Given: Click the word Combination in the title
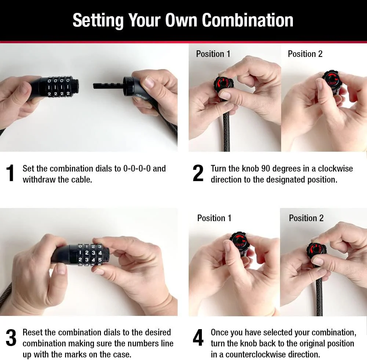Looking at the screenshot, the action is (x=247, y=20).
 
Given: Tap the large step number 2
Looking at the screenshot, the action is (x=198, y=173).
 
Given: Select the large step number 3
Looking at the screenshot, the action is (x=11, y=338).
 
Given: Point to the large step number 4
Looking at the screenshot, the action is (x=198, y=338).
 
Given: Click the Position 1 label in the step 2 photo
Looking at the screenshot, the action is (x=213, y=54).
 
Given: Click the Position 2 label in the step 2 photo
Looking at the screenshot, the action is (x=305, y=54).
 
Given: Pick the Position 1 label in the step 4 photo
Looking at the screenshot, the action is (x=214, y=218).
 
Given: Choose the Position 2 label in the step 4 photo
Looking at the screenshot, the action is (x=306, y=218).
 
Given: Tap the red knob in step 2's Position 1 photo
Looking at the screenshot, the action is (x=223, y=84).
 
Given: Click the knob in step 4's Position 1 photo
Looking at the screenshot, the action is (x=239, y=241).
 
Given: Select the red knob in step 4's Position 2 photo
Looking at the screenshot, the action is (x=316, y=251).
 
